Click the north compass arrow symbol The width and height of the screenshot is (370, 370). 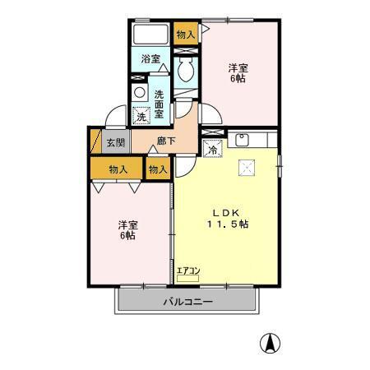[270, 344]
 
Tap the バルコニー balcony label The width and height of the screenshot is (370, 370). [187, 302]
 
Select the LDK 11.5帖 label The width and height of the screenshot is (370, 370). [228, 219]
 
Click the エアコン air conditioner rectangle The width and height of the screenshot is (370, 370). [187, 279]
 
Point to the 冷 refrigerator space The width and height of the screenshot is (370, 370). [212, 148]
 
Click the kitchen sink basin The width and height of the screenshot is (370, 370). [242, 139]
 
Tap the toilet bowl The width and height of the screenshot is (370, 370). [186, 70]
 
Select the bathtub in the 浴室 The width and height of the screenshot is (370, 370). [150, 34]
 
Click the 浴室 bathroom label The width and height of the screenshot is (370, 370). [150, 59]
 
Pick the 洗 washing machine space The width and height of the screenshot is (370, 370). [141, 115]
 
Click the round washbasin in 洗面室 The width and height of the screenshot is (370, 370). [140, 93]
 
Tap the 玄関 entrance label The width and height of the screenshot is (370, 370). [116, 142]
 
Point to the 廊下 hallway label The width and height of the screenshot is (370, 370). [166, 141]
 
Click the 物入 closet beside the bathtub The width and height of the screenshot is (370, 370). [186, 34]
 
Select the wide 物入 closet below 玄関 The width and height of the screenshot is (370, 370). [117, 168]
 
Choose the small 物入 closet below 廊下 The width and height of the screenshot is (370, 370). [158, 168]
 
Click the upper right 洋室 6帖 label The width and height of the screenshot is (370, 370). [238, 73]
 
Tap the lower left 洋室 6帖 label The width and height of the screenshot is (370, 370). [128, 230]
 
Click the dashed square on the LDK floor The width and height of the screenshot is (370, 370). [247, 168]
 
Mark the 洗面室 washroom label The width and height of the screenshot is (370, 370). [159, 104]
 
